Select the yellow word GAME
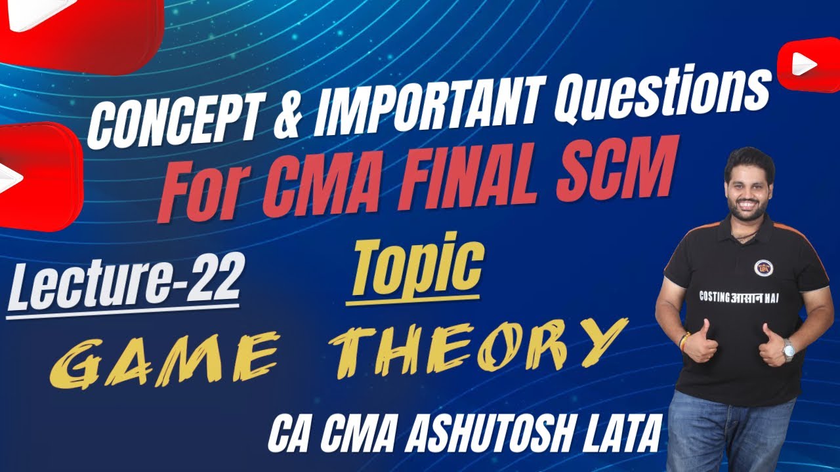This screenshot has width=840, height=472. (x=161, y=359)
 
